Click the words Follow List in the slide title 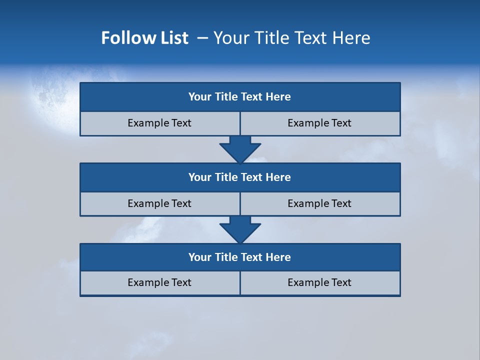click(144, 38)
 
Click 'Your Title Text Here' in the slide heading click(291, 38)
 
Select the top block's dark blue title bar click(240, 97)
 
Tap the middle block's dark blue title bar click(240, 177)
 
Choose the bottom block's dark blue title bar click(240, 257)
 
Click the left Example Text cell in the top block click(159, 123)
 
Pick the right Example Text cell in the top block click(319, 123)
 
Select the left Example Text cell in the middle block click(159, 203)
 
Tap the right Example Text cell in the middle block click(319, 203)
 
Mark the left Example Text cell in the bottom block click(159, 282)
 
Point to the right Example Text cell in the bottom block click(319, 282)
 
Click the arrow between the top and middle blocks click(240, 149)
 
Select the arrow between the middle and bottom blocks click(240, 229)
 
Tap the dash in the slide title click(203, 38)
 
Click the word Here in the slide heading click(351, 38)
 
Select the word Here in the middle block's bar click(278, 177)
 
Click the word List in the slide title click(174, 38)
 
